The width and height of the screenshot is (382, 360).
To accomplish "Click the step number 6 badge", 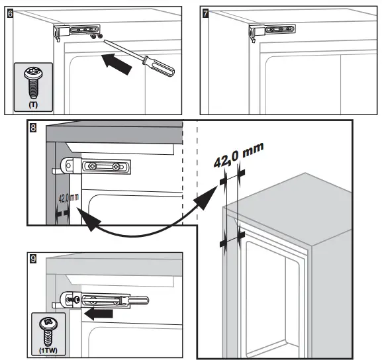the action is (10, 13).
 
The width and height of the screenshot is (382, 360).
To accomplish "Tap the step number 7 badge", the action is (206, 13).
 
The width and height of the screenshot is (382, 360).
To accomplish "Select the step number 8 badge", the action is (33, 128).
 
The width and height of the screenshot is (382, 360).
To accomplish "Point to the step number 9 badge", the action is (33, 259).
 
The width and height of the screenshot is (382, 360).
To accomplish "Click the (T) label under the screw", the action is (33, 105).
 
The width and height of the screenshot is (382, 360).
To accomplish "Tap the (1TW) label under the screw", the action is (48, 351).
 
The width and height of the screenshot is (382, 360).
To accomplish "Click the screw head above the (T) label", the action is (33, 73).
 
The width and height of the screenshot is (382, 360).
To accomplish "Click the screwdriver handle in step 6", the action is (158, 66).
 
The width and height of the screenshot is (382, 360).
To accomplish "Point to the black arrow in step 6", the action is (117, 64).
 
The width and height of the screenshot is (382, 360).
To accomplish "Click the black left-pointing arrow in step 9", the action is (98, 314).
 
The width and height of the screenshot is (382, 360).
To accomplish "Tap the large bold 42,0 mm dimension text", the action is (239, 155).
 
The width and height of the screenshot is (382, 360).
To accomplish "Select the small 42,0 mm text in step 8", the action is (69, 198).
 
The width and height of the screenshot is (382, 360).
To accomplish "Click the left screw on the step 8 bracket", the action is (92, 166).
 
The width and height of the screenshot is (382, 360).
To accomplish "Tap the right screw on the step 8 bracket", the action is (116, 167).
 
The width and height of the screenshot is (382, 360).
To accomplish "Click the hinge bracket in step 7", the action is (272, 31).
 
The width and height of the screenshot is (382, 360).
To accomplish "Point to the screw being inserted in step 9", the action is (73, 299).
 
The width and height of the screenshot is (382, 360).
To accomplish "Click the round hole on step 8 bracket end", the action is (68, 166).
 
